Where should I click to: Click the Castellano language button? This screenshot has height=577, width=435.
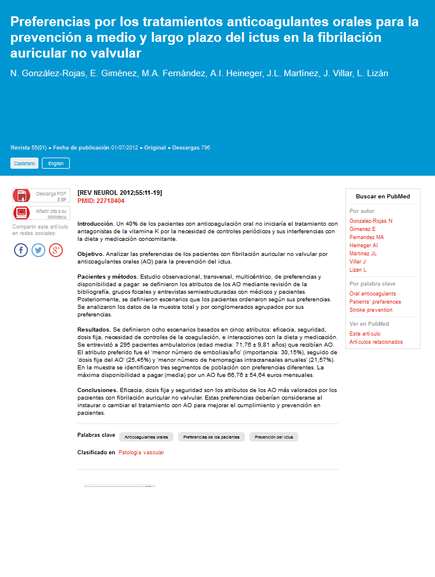point(24,163)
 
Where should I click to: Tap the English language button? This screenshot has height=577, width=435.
point(56,163)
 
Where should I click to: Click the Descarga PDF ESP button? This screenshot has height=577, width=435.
point(40,196)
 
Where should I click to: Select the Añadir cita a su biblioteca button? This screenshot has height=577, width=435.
point(40,213)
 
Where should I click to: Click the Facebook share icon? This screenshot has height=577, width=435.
point(21,250)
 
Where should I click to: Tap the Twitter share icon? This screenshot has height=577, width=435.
point(38,250)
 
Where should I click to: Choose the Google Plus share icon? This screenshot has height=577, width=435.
point(56,250)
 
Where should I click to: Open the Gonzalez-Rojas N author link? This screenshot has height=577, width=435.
point(370,221)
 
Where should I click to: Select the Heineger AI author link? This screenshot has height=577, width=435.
point(363,245)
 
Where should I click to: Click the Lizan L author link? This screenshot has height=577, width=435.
point(358,270)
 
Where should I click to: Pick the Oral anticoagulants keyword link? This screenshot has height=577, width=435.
point(372,294)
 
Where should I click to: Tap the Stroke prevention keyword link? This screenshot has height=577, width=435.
point(370,310)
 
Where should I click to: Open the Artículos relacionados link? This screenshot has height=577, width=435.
point(376,342)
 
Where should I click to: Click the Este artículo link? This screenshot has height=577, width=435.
point(365,334)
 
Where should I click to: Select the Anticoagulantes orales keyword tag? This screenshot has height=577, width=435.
point(146,437)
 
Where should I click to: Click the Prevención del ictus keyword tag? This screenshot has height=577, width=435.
point(273,437)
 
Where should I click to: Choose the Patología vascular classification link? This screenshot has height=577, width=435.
point(141,453)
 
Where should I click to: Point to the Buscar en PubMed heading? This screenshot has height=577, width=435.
point(383,197)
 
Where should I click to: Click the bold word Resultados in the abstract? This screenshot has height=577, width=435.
point(94,329)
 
